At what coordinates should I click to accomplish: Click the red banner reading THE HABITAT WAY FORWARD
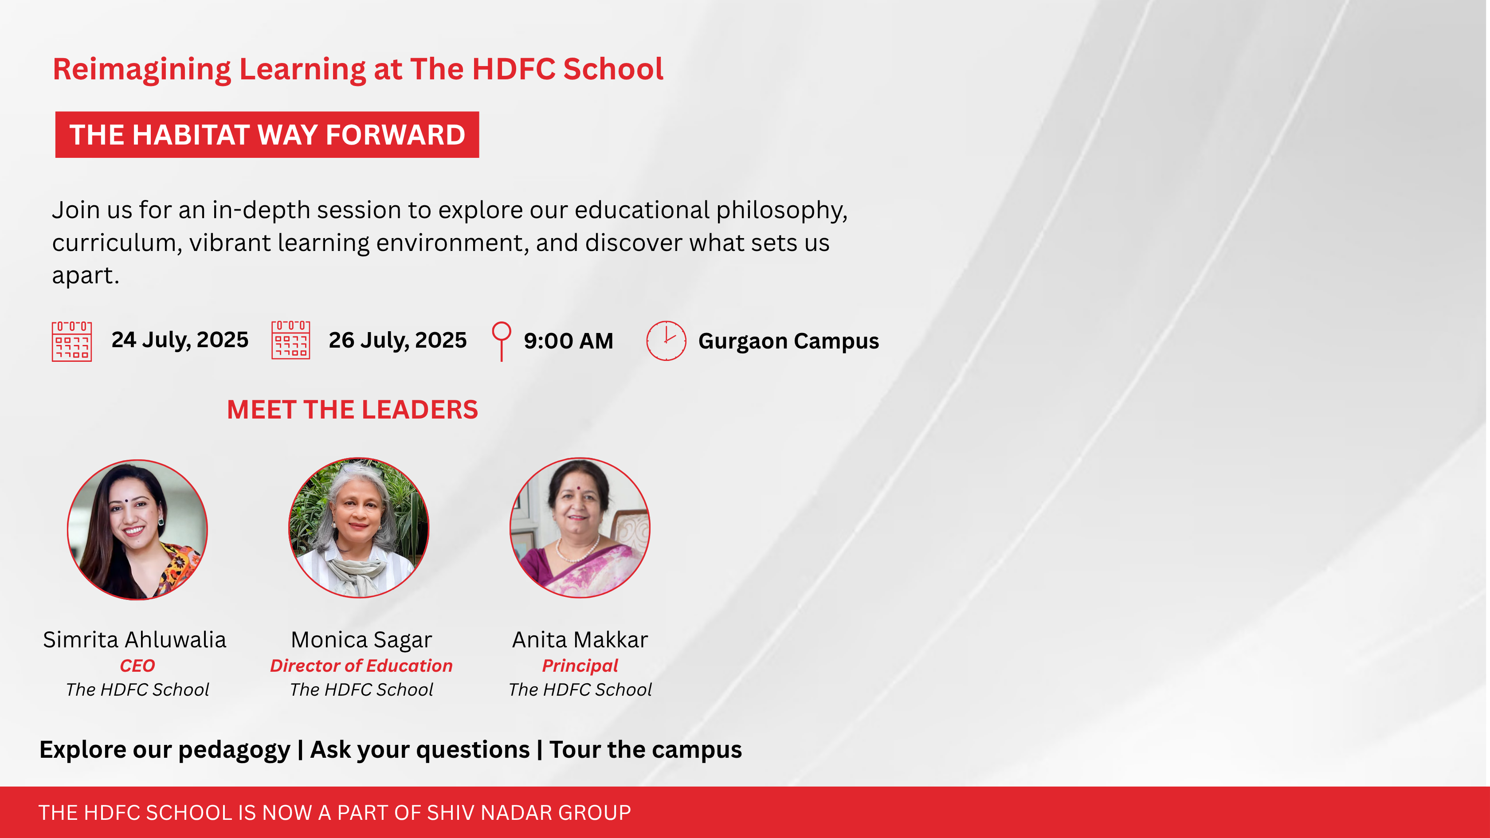[x=267, y=135]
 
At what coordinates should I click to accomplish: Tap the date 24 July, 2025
[x=180, y=340]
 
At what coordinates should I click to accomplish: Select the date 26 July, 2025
[x=398, y=340]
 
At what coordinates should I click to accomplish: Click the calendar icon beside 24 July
[x=72, y=341]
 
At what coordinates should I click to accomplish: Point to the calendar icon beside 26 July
[x=291, y=340]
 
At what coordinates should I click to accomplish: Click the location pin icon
[x=502, y=341]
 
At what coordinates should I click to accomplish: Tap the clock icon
[x=667, y=341]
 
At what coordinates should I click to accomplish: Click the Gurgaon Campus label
[x=788, y=341]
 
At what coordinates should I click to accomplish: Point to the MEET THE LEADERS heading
[x=352, y=409]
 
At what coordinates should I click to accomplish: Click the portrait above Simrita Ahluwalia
[x=137, y=530]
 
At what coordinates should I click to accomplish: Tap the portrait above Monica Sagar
[x=359, y=528]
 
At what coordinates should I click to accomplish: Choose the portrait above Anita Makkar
[x=580, y=528]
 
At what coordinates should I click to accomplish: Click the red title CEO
[x=137, y=666]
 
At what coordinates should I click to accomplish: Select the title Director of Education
[x=361, y=666]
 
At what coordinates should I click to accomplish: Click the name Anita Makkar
[x=580, y=640]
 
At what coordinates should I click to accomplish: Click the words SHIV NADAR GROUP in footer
[x=529, y=813]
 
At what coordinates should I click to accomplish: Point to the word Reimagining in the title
[x=142, y=70]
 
